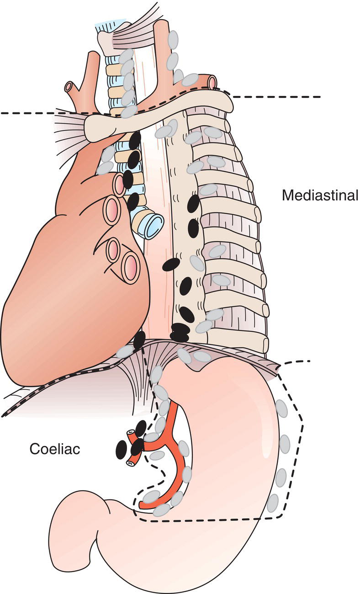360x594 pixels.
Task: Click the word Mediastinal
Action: tap(320, 196)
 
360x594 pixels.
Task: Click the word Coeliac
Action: tap(55, 449)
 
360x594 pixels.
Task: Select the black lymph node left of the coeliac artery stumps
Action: tap(121, 449)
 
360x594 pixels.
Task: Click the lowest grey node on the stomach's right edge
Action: tap(273, 503)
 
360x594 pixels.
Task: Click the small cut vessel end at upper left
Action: tap(69, 87)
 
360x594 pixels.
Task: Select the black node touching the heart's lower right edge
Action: tap(139, 339)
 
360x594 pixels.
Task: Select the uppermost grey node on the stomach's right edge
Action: tap(282, 409)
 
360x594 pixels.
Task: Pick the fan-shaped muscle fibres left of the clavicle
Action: tap(69, 130)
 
